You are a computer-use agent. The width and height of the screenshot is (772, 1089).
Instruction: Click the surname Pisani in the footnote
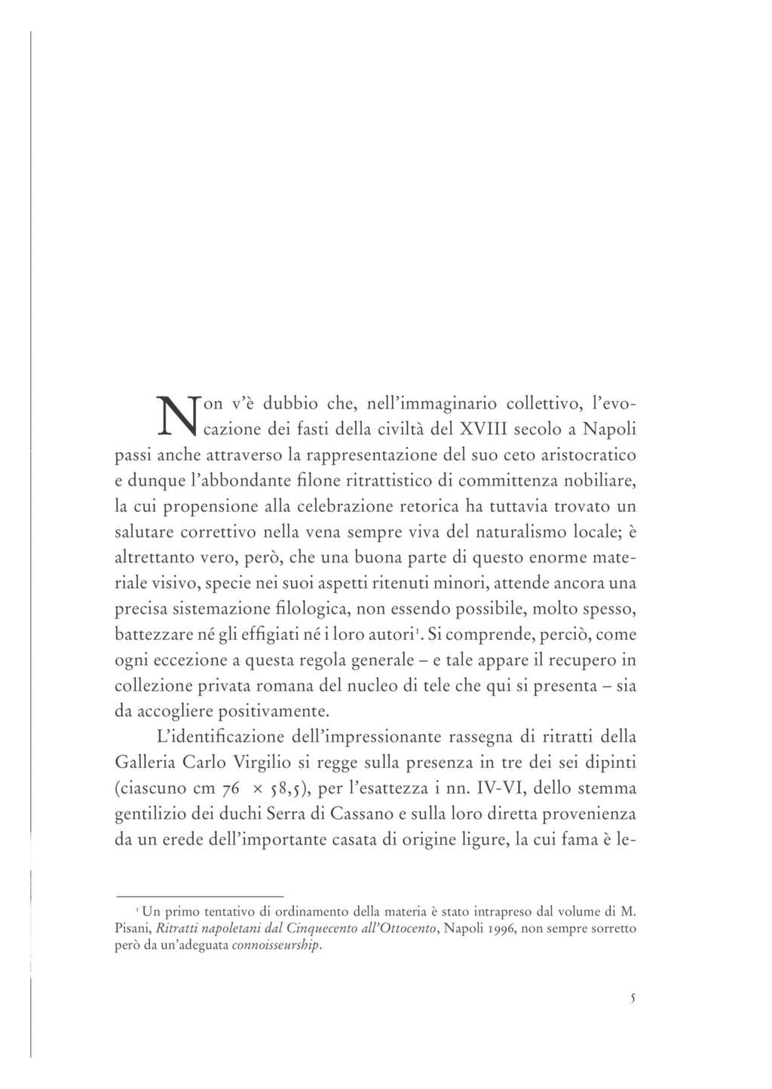[x=133, y=928]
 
